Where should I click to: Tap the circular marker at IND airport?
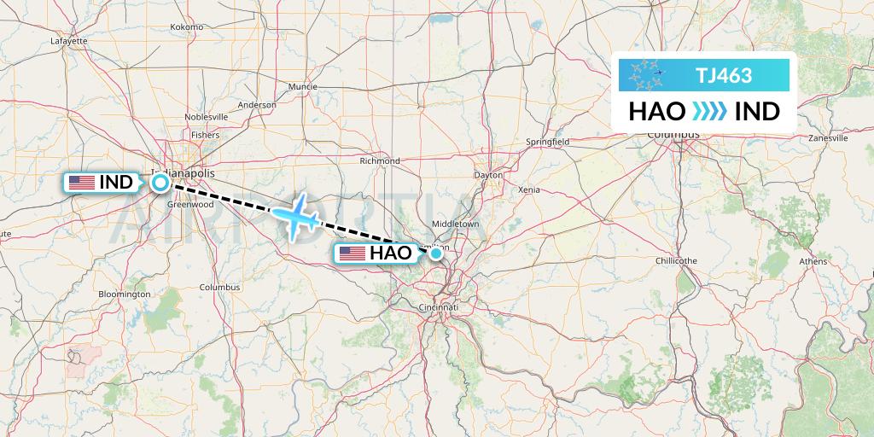[160, 182]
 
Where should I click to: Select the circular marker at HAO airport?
[435, 253]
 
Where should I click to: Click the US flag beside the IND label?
[81, 182]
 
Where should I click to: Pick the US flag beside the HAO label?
[353, 253]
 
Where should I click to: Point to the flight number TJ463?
[724, 75]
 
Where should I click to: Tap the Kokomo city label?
[187, 27]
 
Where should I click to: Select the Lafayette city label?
[69, 41]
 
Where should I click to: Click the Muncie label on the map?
[302, 87]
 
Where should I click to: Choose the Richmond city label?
[380, 160]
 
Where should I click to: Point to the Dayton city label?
[489, 175]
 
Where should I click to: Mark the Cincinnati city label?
[440, 306]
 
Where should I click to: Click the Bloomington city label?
[125, 294]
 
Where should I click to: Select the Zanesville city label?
[827, 137]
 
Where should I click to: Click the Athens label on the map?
[813, 261]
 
